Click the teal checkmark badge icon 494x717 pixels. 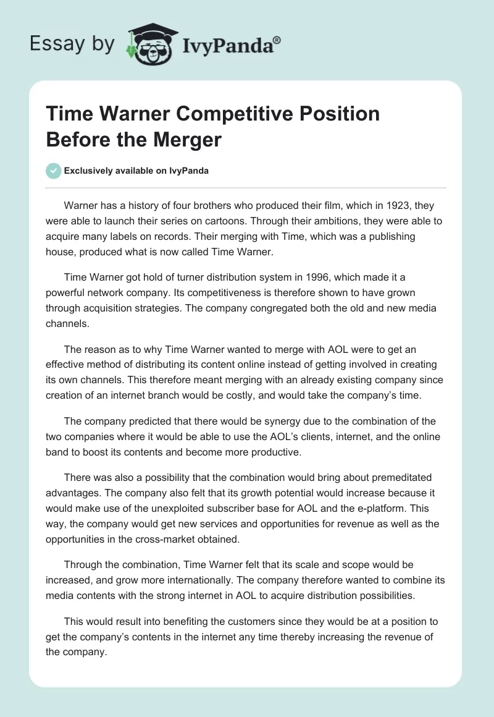point(54,171)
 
